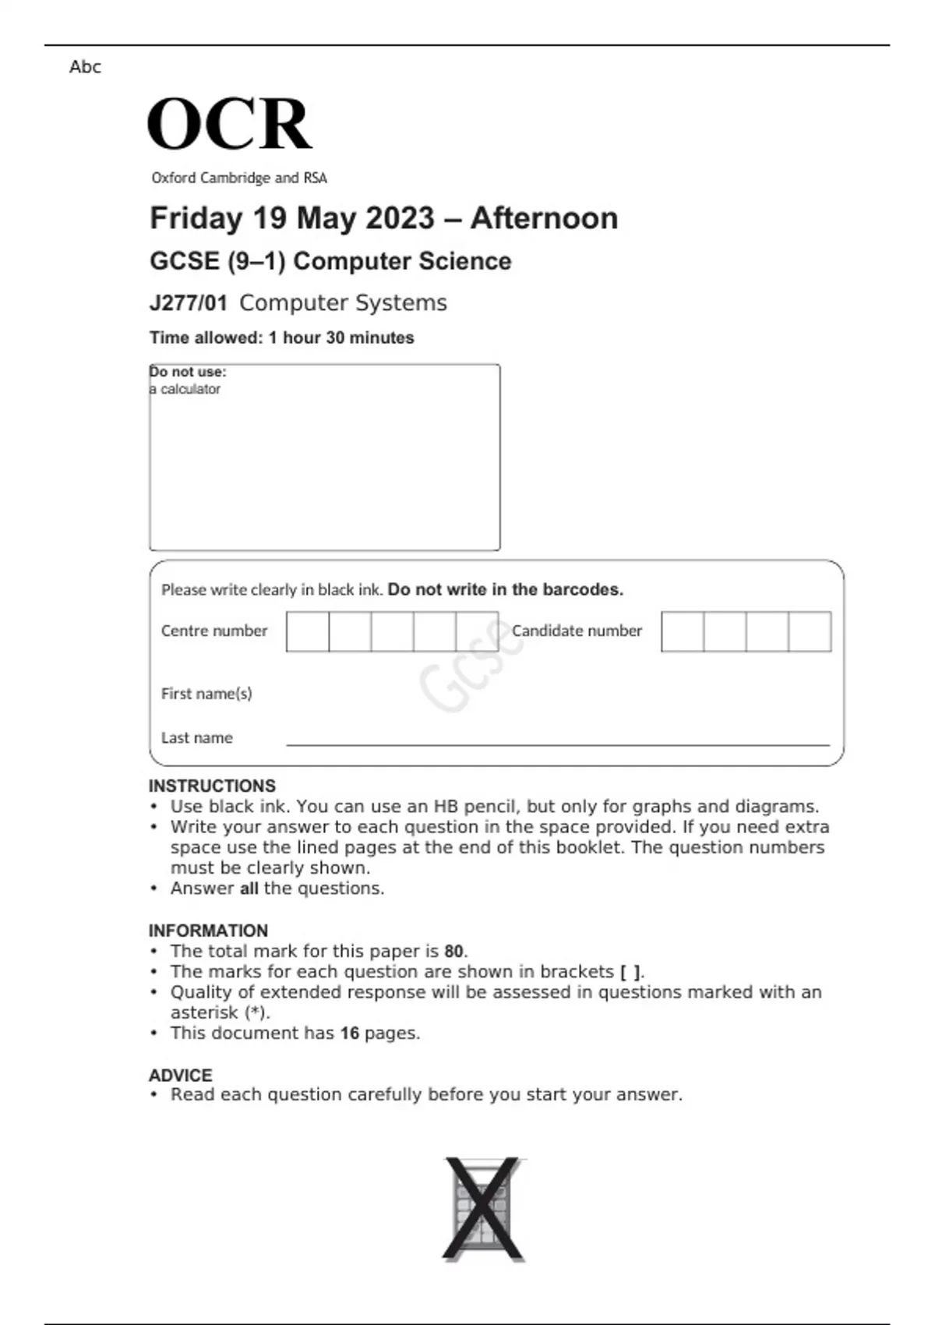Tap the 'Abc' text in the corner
85,67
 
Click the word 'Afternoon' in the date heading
544,218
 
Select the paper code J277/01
188,303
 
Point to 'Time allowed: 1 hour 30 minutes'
281,337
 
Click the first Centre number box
308,631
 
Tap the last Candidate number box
810,631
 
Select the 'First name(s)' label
206,693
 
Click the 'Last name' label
196,737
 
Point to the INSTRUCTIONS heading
212,786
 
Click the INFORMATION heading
208,931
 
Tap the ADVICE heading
180,1076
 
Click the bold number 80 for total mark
453,951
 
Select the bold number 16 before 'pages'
349,1033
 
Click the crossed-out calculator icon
482,1209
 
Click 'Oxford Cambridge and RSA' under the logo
239,178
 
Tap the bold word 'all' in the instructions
249,889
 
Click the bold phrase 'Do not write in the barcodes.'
506,589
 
